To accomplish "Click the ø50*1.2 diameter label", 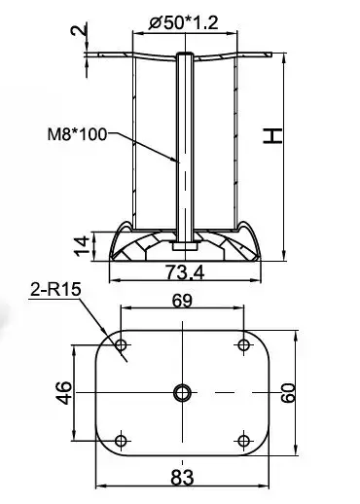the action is [x=183, y=23].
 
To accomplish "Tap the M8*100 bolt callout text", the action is [x=77, y=134].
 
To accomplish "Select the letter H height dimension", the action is [x=272, y=136].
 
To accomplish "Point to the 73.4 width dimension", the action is [x=185, y=272].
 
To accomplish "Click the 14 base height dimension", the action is [x=82, y=246].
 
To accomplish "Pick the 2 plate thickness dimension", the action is [x=79, y=29].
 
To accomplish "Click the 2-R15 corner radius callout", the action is [x=55, y=289].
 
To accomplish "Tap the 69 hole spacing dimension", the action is [x=182, y=301].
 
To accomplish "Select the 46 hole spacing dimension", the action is [x=64, y=393].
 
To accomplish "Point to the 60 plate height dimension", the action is [x=288, y=393].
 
